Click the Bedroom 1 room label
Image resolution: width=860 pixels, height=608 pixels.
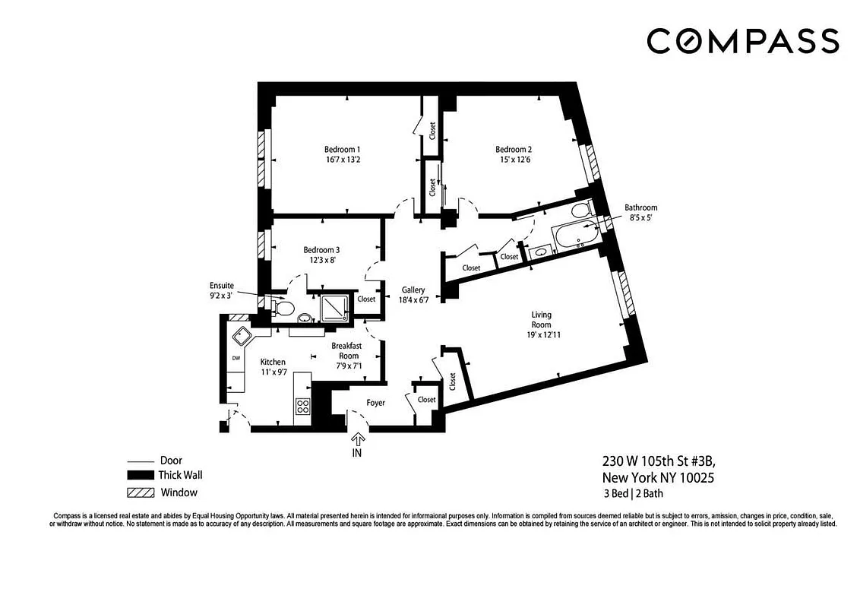click(343, 149)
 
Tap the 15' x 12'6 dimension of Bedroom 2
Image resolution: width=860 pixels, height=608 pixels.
click(514, 160)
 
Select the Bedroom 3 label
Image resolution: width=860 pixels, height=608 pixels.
click(321, 249)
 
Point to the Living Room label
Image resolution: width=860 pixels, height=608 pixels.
click(541, 319)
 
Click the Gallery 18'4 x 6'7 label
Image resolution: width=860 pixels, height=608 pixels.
click(413, 295)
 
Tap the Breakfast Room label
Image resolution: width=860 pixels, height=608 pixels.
click(348, 350)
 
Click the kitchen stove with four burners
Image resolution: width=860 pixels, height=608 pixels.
click(302, 406)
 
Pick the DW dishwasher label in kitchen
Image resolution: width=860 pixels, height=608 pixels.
click(236, 358)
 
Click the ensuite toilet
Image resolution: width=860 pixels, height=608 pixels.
click(283, 307)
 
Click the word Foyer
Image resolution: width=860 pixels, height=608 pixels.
click(376, 403)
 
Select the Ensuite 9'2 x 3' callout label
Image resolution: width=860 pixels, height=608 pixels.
click(223, 290)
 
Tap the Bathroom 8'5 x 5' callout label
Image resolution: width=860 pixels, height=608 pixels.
click(640, 212)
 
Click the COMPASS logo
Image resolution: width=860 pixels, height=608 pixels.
click(743, 40)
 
